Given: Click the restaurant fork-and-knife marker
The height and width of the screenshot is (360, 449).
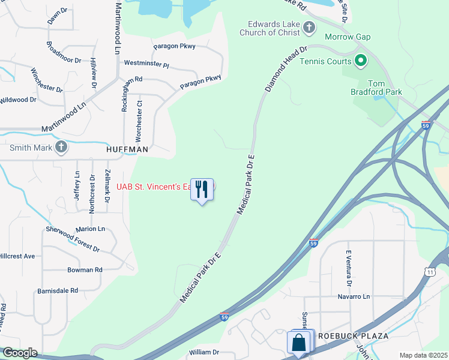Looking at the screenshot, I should [x=202, y=190].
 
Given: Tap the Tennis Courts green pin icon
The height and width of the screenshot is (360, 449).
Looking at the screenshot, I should [x=361, y=61].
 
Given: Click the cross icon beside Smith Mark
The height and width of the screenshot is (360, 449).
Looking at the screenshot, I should [x=61, y=147].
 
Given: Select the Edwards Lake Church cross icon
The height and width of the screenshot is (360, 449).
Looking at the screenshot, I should [x=309, y=27].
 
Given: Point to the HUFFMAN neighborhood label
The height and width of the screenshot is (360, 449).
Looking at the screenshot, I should [x=127, y=148].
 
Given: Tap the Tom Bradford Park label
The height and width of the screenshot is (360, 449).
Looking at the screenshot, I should [x=376, y=88].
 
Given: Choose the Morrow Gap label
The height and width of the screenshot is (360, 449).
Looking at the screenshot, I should [x=348, y=37].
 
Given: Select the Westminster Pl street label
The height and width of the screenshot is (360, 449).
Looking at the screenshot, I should [x=146, y=63].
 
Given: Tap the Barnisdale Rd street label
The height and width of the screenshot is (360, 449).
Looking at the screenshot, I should [x=58, y=290].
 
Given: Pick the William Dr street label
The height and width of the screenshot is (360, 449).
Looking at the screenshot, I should [x=204, y=352].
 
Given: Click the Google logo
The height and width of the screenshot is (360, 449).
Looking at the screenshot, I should [x=19, y=353].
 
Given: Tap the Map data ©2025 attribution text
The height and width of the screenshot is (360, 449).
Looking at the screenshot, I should [x=423, y=355].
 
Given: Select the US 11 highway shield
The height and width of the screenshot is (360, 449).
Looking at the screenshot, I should [x=430, y=272].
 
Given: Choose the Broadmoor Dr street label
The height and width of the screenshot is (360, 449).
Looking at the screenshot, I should [x=63, y=52].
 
